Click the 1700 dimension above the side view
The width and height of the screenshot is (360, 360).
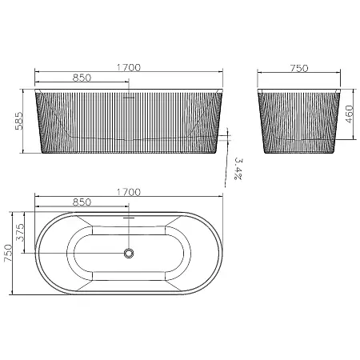pyautogui.click(x=129, y=67)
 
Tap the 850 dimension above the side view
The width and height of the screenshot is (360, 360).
pyautogui.click(x=82, y=78)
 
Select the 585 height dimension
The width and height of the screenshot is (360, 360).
pyautogui.click(x=19, y=121)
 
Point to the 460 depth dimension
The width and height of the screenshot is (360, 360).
pyautogui.click(x=349, y=114)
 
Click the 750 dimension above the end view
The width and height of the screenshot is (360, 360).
pyautogui.click(x=299, y=68)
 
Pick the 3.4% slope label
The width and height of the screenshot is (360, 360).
pyautogui.click(x=238, y=169)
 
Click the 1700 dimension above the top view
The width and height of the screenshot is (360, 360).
pyautogui.click(x=129, y=192)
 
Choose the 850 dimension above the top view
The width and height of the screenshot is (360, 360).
pyautogui.click(x=82, y=202)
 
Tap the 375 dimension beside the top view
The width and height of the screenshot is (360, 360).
pyautogui.click(x=20, y=232)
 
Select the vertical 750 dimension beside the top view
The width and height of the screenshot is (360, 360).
pyautogui.click(x=8, y=253)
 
